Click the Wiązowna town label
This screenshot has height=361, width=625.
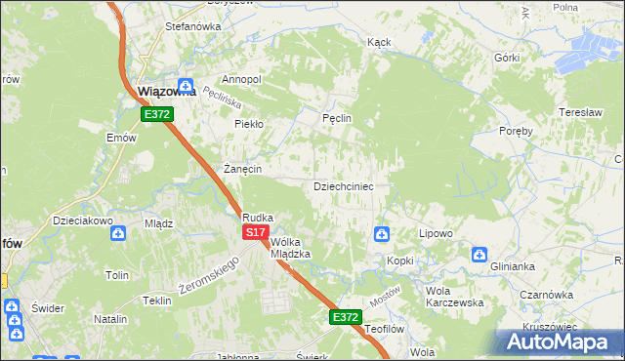click(x=167, y=92)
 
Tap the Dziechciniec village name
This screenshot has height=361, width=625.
click(x=343, y=185)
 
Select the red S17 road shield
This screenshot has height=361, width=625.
click(x=255, y=232)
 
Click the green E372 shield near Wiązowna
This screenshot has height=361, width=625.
click(x=157, y=114)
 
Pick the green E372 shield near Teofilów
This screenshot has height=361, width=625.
click(x=345, y=317)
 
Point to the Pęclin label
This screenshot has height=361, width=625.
click(x=336, y=118)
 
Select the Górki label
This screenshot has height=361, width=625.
click(x=506, y=58)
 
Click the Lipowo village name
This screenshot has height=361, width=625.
click(x=436, y=234)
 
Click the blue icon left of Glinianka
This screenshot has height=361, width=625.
click(x=479, y=255)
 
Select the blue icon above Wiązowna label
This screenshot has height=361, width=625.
click(x=185, y=85)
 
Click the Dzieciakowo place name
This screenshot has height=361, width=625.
click(x=84, y=221)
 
